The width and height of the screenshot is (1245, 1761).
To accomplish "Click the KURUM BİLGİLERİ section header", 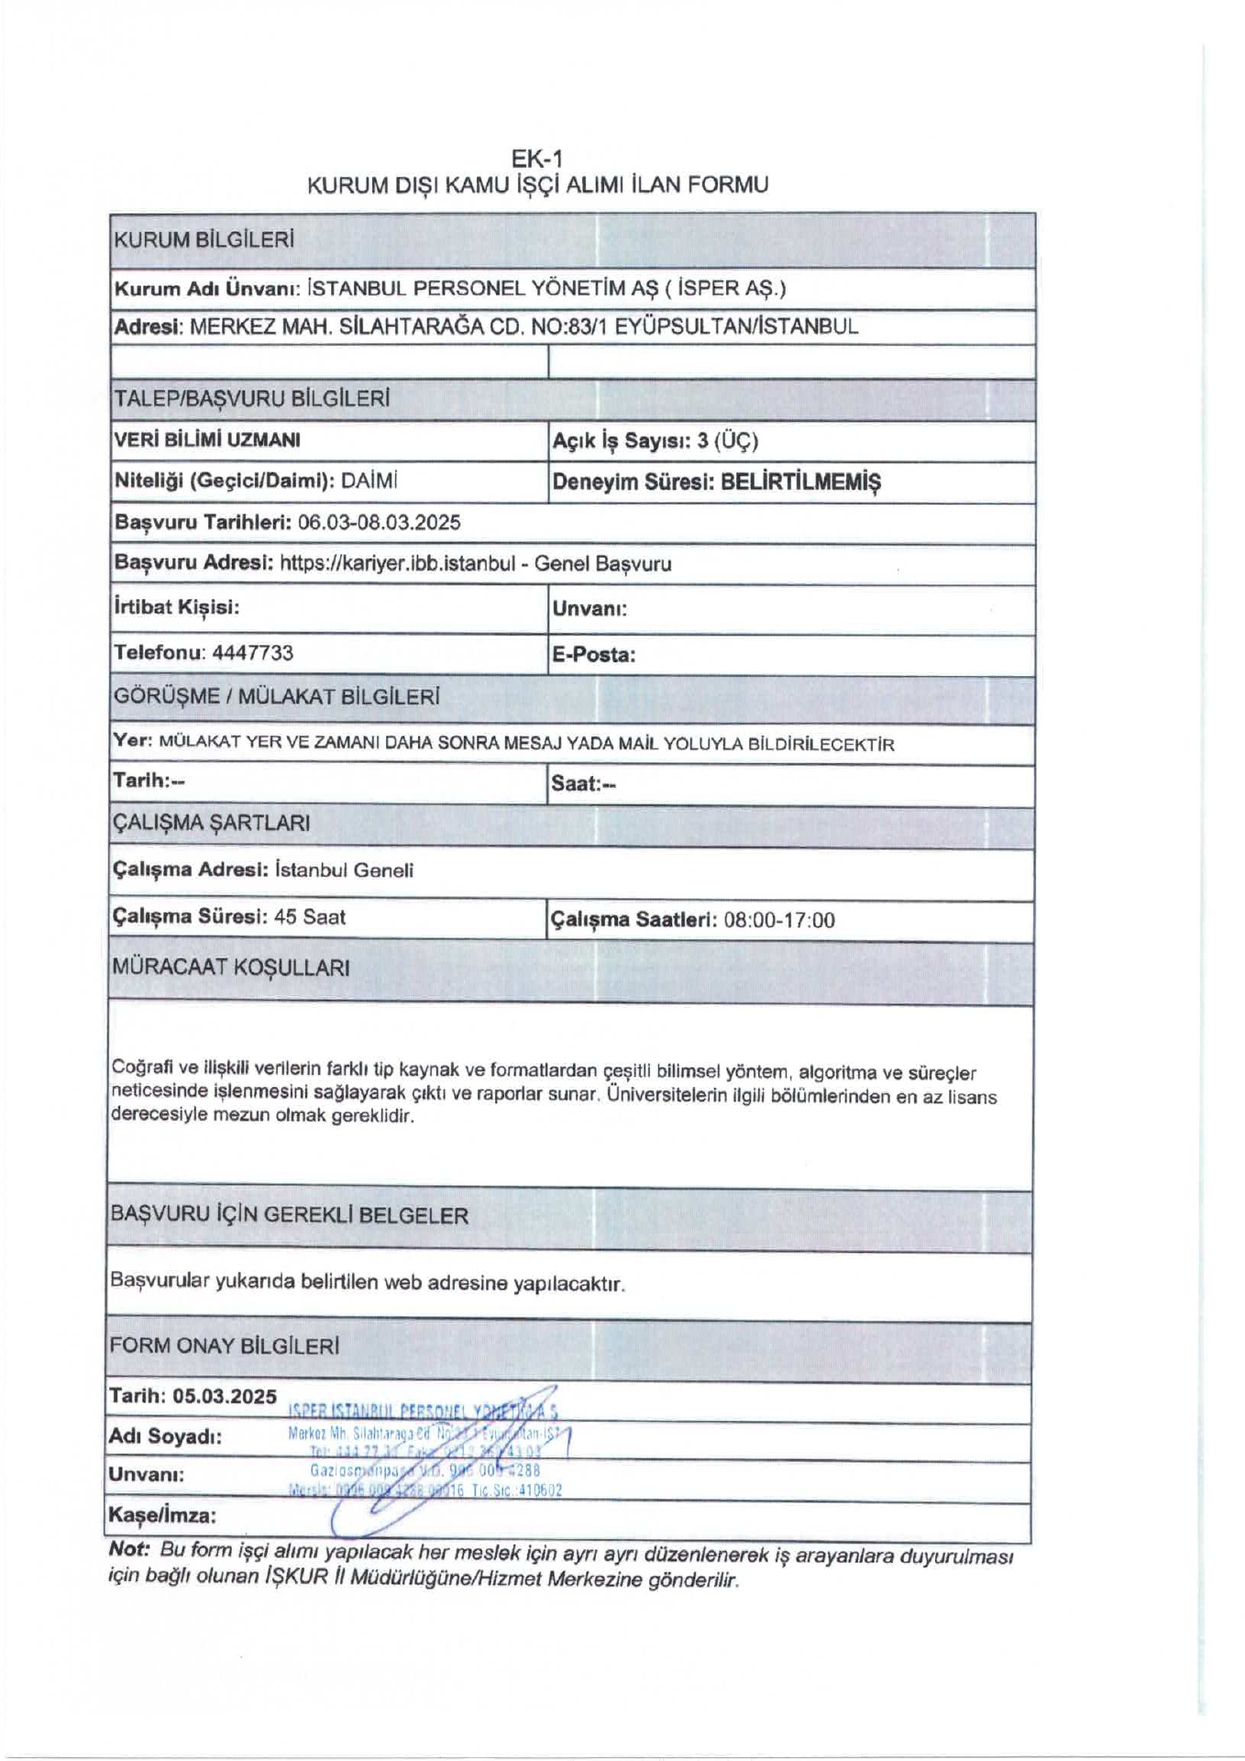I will point(204,241).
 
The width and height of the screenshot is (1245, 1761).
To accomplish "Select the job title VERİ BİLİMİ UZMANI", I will point(207,440).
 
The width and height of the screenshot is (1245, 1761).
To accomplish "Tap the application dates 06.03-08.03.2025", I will point(380,523).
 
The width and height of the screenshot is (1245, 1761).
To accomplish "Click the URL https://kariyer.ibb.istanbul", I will point(397,564).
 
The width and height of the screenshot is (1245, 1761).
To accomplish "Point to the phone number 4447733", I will point(252,653).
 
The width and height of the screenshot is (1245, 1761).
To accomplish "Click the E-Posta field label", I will point(593,656).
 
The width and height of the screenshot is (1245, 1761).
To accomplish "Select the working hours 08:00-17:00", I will point(779,921).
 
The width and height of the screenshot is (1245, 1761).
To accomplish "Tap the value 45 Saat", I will point(310,917).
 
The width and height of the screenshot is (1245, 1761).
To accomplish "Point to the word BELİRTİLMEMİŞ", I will point(800,482).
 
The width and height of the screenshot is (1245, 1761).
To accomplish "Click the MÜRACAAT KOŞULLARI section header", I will point(230,968).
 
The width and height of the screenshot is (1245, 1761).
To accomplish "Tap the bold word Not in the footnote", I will point(128,1550).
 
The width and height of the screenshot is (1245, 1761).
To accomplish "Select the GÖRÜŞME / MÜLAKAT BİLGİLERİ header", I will point(276,696).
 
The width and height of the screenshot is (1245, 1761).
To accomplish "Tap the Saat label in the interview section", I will point(576,784).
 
